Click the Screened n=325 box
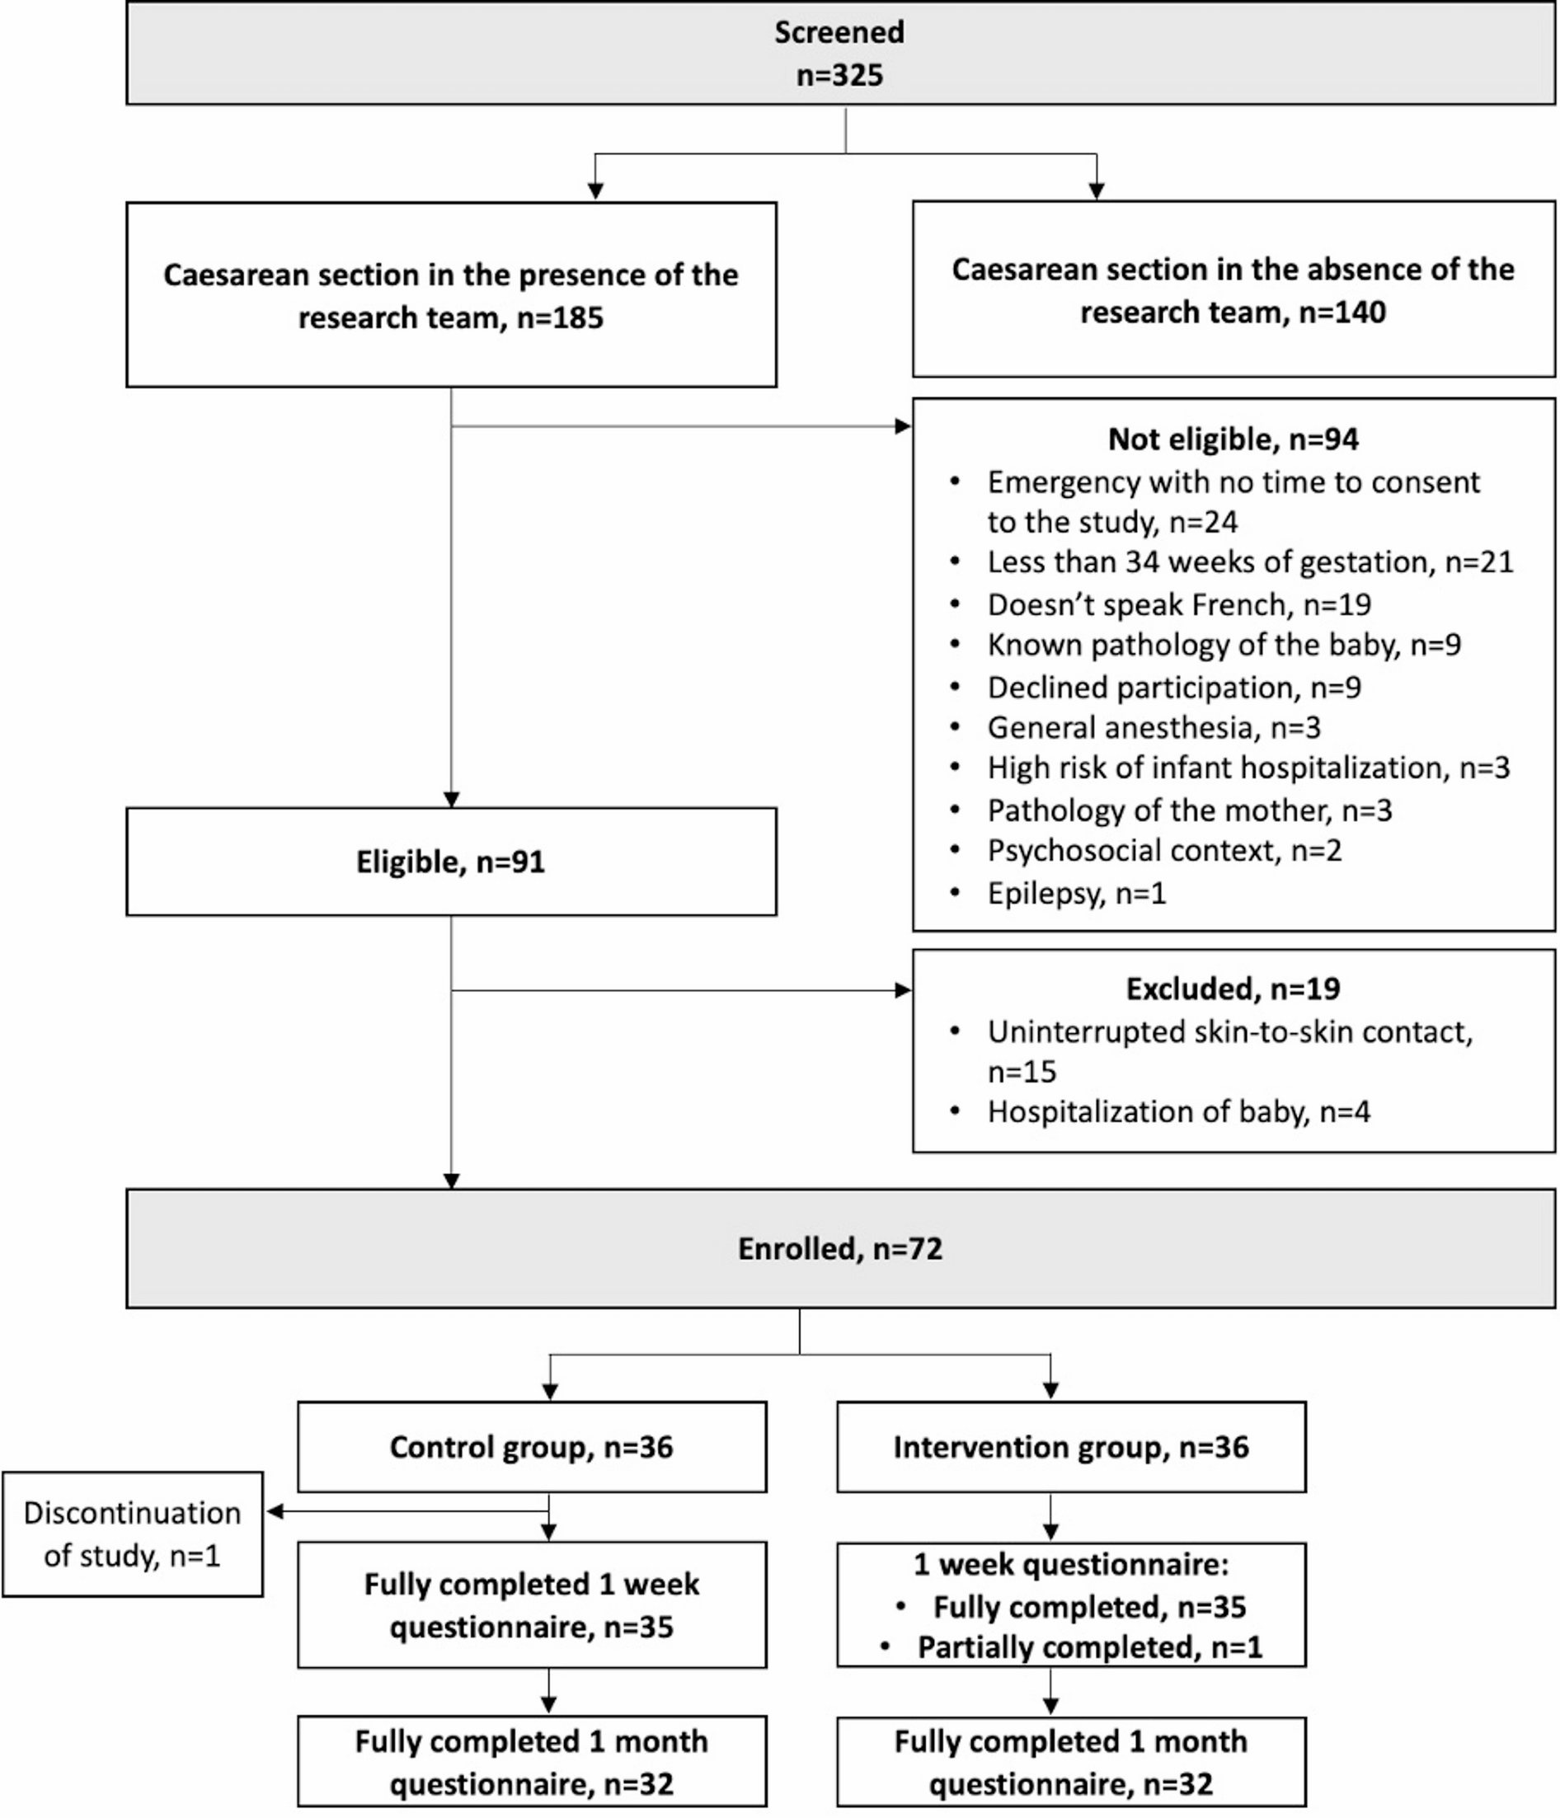tap(839, 54)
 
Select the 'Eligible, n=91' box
tap(451, 862)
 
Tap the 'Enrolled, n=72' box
tap(839, 1248)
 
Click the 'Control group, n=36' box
tap(532, 1447)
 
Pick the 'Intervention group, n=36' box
tap(1070, 1447)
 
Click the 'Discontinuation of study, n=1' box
tap(133, 1534)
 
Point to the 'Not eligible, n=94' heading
tap(1233, 439)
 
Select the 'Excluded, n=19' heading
tap(1233, 989)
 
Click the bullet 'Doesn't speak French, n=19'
tap(1178, 604)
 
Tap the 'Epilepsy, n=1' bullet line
tap(1077, 893)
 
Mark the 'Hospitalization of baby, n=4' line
tap(1178, 1111)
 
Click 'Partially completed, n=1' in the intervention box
tap(1089, 1647)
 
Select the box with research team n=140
tap(1233, 289)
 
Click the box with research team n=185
tap(451, 296)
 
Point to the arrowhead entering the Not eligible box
tap(903, 426)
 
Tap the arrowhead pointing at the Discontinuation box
tap(275, 1511)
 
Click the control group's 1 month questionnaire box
tap(532, 1762)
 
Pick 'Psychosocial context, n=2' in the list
tap(1164, 850)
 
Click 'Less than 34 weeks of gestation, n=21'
tap(1249, 561)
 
